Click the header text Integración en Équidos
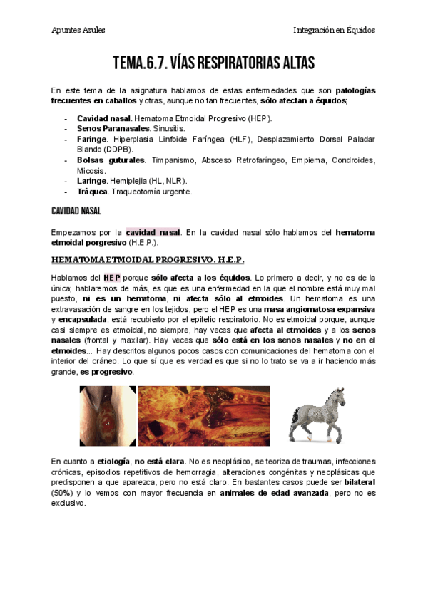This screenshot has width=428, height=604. [334, 30]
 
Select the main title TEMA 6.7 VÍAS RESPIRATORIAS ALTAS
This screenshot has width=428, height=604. [213, 64]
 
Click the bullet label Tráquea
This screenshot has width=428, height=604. [92, 192]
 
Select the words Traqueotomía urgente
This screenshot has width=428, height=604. [151, 192]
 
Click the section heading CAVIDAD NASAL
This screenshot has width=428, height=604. [76, 212]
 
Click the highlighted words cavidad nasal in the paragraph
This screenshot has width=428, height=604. [153, 232]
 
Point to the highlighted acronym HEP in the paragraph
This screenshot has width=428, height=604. [112, 277]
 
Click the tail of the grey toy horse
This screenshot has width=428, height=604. [292, 420]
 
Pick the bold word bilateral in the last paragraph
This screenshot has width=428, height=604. [355, 482]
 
